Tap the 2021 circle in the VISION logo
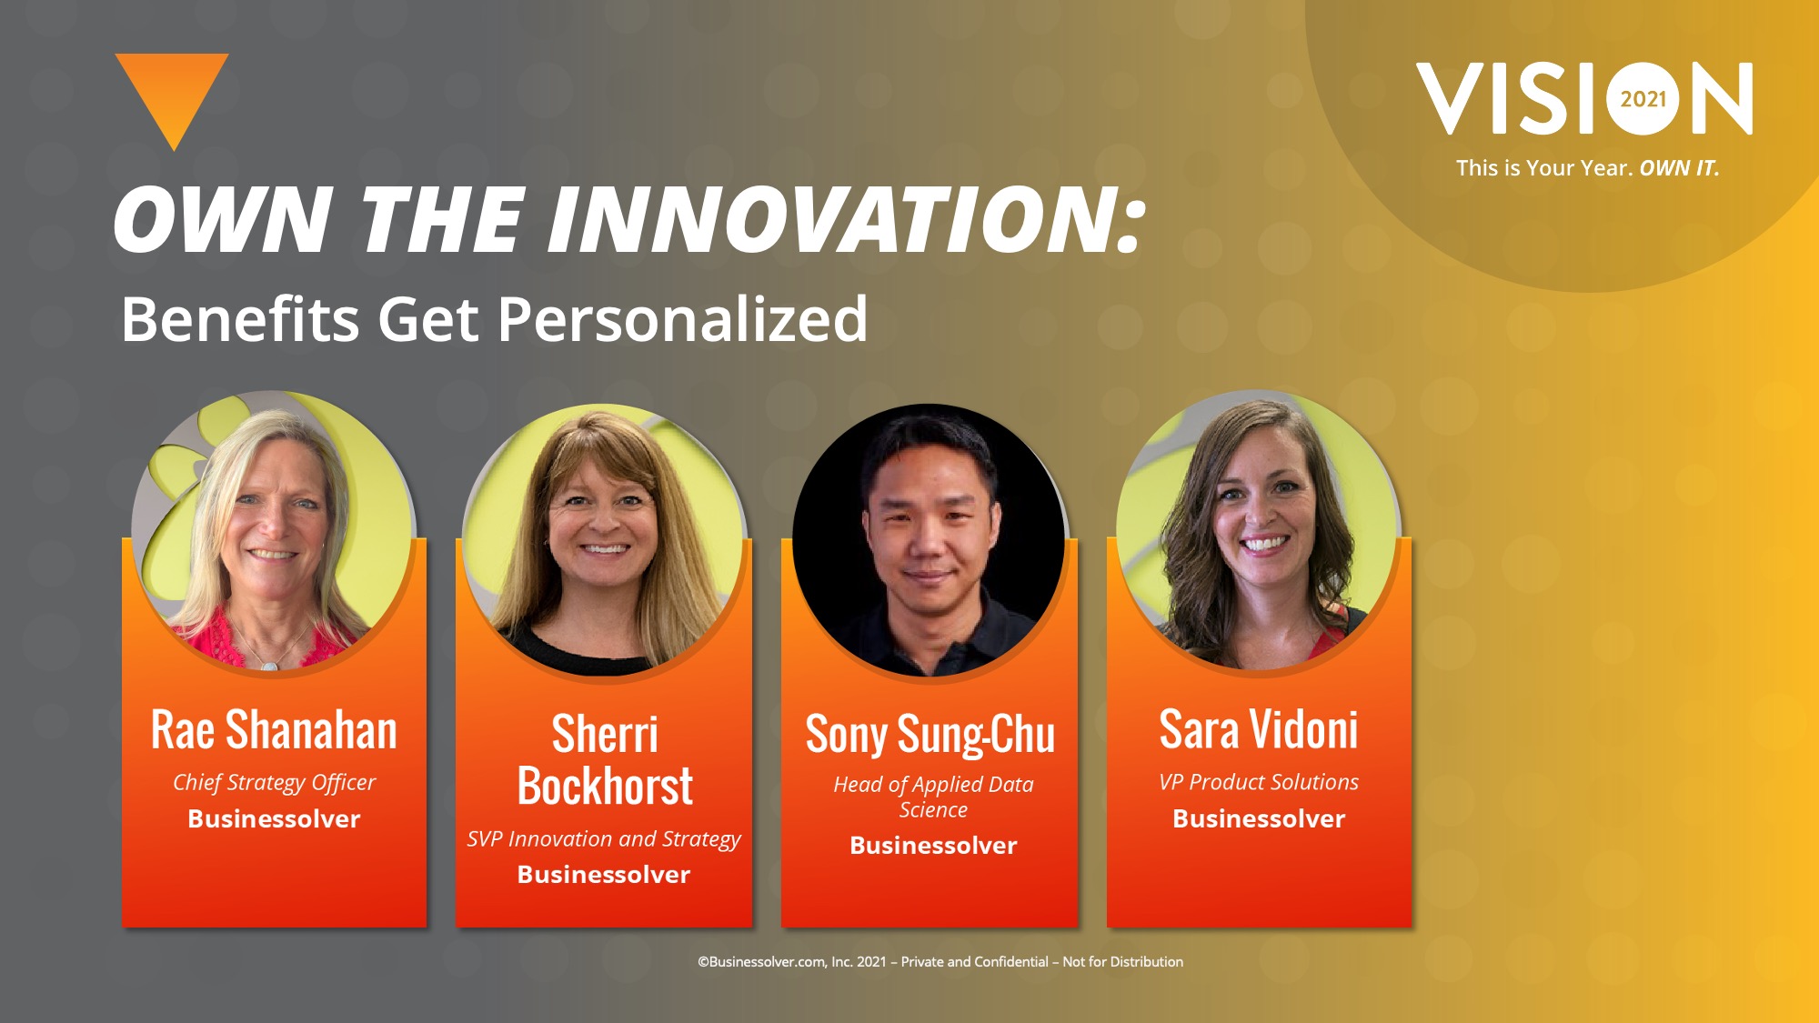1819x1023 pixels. [1643, 98]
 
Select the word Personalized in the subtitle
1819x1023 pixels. [682, 320]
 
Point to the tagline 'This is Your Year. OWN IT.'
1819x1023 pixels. [1587, 168]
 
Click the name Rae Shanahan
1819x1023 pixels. [274, 730]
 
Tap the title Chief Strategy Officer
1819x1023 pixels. [274, 783]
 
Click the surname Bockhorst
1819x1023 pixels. [605, 786]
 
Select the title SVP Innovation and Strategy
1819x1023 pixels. [604, 839]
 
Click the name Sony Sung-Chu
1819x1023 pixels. [930, 735]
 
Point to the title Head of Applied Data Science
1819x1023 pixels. [933, 797]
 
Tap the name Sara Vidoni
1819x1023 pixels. [1259, 730]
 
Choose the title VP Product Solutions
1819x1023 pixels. [1259, 782]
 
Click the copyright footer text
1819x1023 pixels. [940, 961]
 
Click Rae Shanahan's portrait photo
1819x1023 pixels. [274, 531]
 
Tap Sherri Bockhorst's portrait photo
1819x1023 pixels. [604, 540]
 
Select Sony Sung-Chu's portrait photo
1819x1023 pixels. [930, 540]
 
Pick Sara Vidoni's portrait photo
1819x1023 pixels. [1259, 531]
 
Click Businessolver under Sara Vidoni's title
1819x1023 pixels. [1259, 818]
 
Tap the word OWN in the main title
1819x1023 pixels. [222, 220]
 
